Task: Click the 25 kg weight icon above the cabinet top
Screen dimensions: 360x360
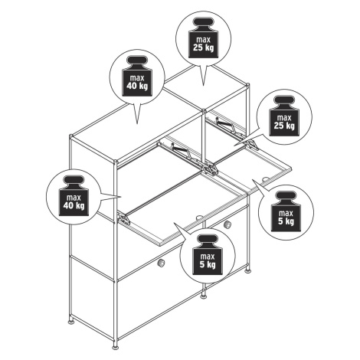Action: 203,38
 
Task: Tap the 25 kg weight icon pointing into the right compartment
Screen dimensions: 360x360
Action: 284,116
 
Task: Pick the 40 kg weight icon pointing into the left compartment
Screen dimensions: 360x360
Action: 74,195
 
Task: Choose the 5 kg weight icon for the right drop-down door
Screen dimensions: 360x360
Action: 286,212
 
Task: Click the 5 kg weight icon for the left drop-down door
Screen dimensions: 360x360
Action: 208,255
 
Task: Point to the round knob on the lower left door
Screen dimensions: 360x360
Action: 161,263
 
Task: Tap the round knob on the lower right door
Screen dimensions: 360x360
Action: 227,224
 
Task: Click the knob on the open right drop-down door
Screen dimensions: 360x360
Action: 266,179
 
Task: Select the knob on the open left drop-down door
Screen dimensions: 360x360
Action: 198,218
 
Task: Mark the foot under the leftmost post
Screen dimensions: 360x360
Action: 71,322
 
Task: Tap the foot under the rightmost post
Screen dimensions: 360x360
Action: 247,270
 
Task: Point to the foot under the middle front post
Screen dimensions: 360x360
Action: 204,296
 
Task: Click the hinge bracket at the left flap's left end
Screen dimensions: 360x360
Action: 124,219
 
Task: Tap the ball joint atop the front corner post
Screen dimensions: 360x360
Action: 116,162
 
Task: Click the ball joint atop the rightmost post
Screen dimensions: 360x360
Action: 247,85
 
